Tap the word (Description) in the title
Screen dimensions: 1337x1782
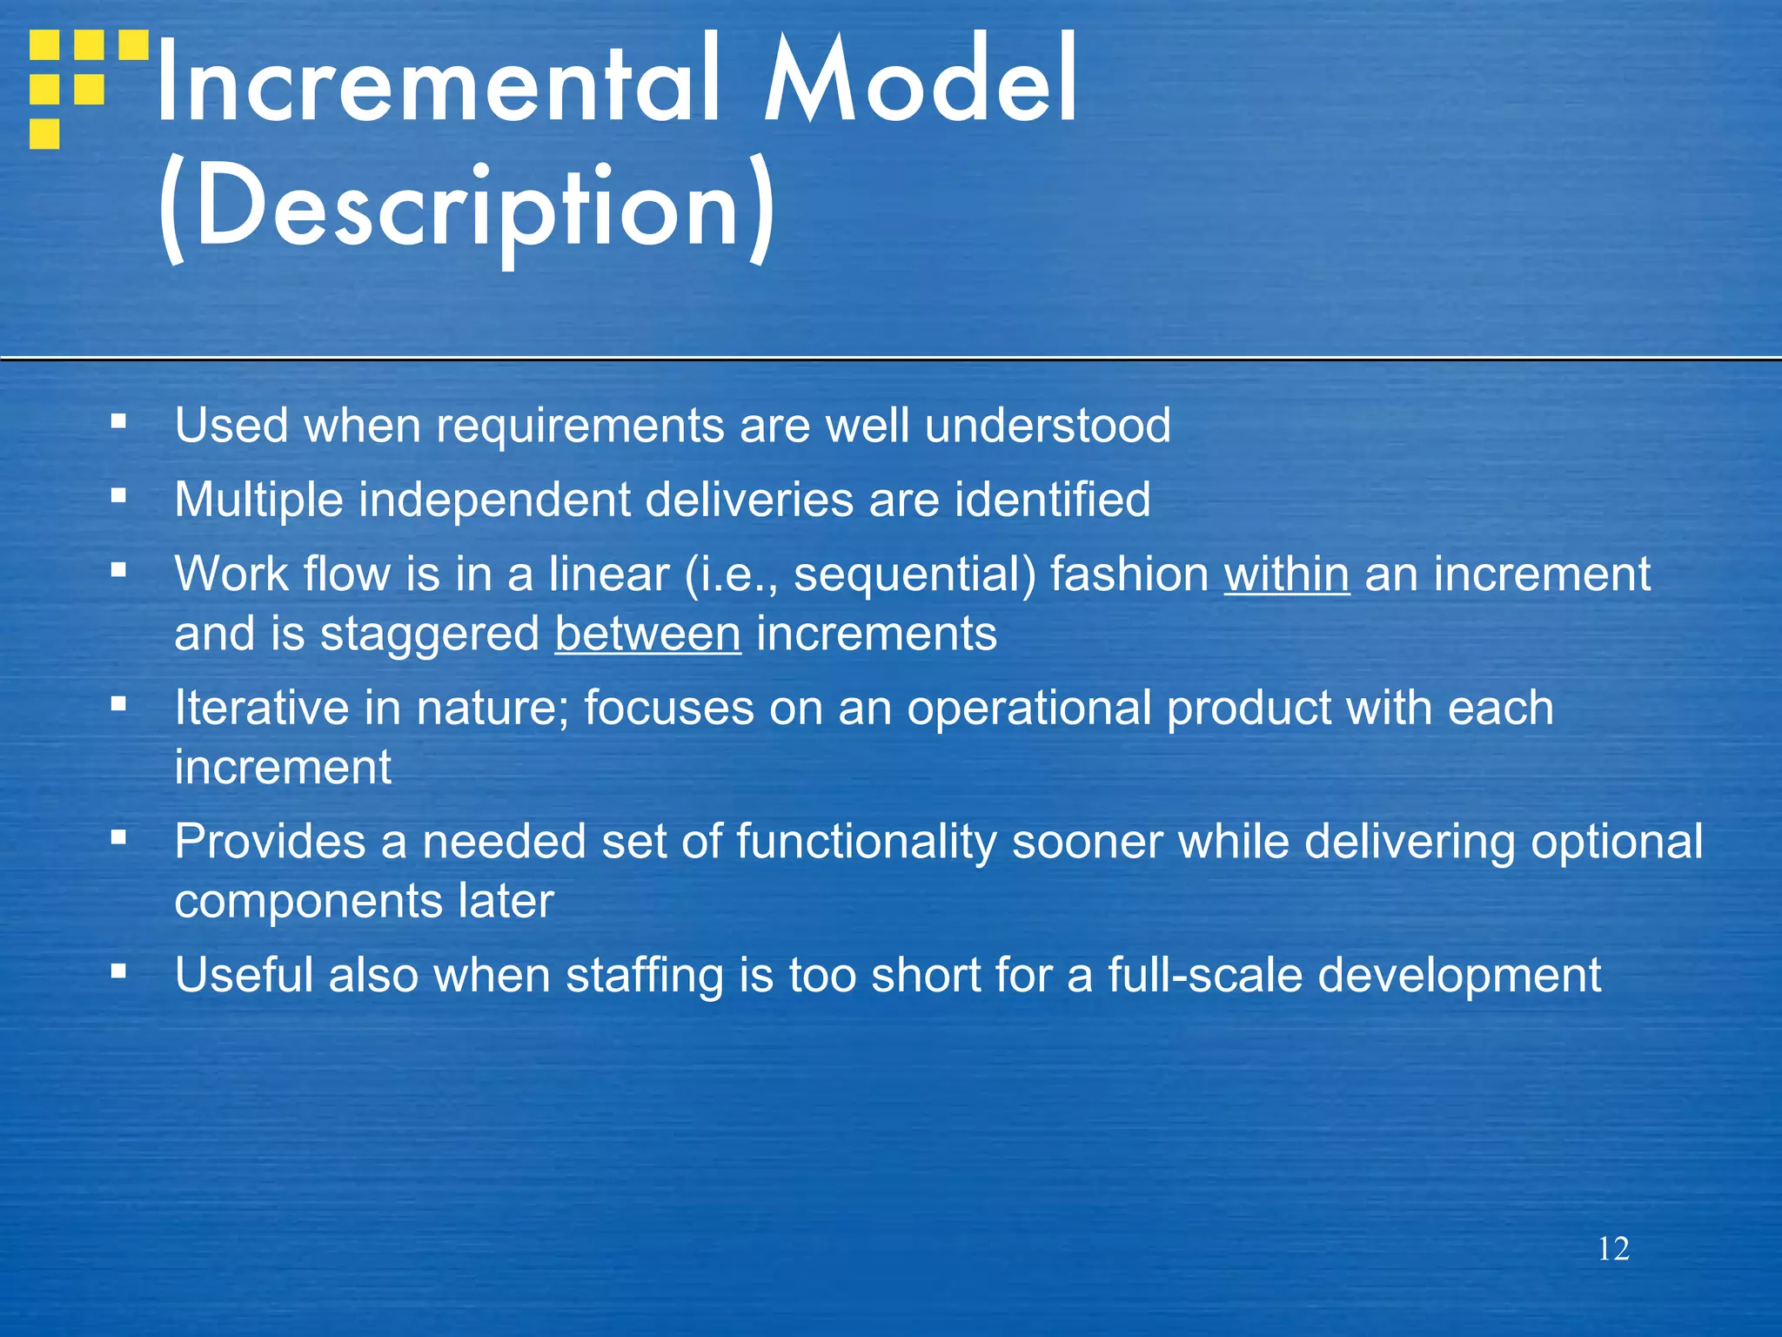pos(466,209)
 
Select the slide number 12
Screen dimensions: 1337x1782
pos(1613,1249)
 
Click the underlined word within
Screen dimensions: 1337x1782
pos(1287,574)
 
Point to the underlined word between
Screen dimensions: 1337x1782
pos(648,634)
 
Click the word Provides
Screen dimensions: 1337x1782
pos(270,842)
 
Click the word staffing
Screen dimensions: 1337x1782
pos(645,976)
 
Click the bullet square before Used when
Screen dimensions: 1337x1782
pos(119,422)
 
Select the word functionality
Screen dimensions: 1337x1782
pos(866,842)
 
